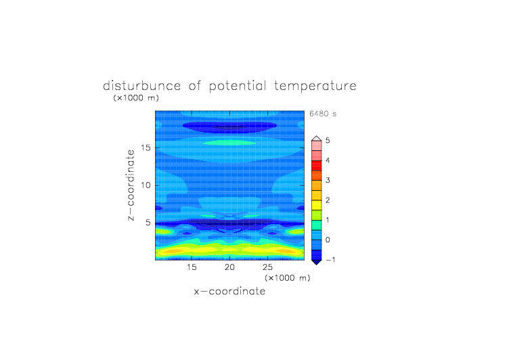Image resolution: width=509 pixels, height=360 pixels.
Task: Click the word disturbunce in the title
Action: pyautogui.click(x=142, y=86)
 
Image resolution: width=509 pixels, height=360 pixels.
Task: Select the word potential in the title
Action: pyautogui.click(x=238, y=86)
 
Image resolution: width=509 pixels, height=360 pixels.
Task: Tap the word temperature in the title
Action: pyautogui.click(x=315, y=87)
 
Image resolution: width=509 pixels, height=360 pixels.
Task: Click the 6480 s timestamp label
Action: pyautogui.click(x=323, y=114)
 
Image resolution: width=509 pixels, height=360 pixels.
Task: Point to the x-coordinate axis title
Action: pyautogui.click(x=229, y=291)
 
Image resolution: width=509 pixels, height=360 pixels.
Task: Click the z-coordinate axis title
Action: pyautogui.click(x=131, y=185)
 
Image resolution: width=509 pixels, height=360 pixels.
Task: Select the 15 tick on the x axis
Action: pyautogui.click(x=192, y=267)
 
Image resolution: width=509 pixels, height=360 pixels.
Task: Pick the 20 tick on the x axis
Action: pyautogui.click(x=229, y=267)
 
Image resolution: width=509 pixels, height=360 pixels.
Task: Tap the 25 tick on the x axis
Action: pyautogui.click(x=267, y=267)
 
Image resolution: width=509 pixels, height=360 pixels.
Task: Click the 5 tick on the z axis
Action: pyautogui.click(x=148, y=223)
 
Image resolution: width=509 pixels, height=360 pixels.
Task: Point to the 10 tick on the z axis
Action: pyautogui.click(x=146, y=185)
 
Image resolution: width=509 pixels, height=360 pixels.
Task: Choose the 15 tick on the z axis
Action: pyautogui.click(x=146, y=148)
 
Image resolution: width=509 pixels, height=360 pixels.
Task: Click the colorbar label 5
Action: pyautogui.click(x=328, y=140)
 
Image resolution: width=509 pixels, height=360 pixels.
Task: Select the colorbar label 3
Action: pyautogui.click(x=328, y=180)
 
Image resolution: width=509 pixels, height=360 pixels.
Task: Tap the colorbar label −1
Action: pyautogui.click(x=330, y=260)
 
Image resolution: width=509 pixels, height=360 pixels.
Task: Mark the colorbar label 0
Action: pyautogui.click(x=328, y=240)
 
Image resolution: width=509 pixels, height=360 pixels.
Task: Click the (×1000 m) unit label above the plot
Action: pyautogui.click(x=136, y=97)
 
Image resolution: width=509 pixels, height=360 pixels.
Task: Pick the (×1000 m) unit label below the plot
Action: pyautogui.click(x=288, y=278)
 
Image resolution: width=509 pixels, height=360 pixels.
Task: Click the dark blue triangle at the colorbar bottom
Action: pyautogui.click(x=317, y=262)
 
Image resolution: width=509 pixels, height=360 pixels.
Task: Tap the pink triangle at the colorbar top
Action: pyautogui.click(x=317, y=139)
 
